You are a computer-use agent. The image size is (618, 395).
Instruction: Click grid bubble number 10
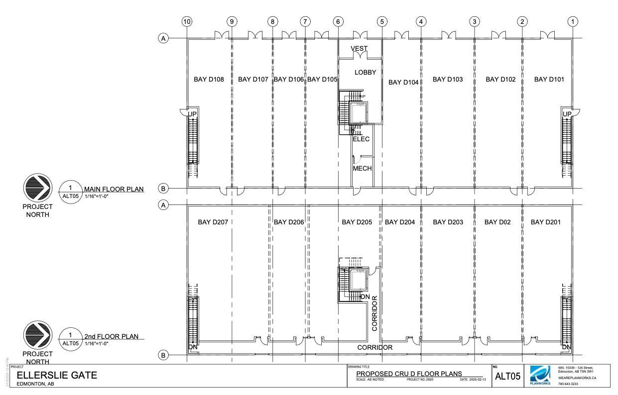pyautogui.click(x=187, y=21)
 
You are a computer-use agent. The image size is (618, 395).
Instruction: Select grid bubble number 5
pyautogui.click(x=382, y=21)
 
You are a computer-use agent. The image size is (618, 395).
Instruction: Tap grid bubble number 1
pyautogui.click(x=573, y=21)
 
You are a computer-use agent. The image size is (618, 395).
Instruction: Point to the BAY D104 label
pyautogui.click(x=403, y=82)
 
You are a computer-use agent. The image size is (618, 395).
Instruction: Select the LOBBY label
pyautogui.click(x=365, y=73)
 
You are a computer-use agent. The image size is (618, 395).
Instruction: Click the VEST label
pyautogui.click(x=359, y=48)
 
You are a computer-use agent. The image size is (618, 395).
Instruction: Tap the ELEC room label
pyautogui.click(x=361, y=139)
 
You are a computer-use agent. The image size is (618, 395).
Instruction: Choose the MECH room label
pyautogui.click(x=362, y=169)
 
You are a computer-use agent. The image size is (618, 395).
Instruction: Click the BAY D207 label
pyautogui.click(x=213, y=222)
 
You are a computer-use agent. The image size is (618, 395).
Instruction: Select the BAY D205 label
pyautogui.click(x=357, y=222)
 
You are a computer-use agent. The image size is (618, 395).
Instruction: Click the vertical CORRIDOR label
pyautogui.click(x=375, y=313)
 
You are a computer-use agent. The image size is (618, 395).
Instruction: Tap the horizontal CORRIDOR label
pyautogui.click(x=374, y=347)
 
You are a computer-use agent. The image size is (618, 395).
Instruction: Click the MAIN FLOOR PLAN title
pyautogui.click(x=114, y=189)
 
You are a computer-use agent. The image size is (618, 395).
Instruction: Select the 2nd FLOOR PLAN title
pyautogui.click(x=111, y=336)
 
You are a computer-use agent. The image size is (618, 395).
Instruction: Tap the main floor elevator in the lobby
pyautogui.click(x=358, y=113)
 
